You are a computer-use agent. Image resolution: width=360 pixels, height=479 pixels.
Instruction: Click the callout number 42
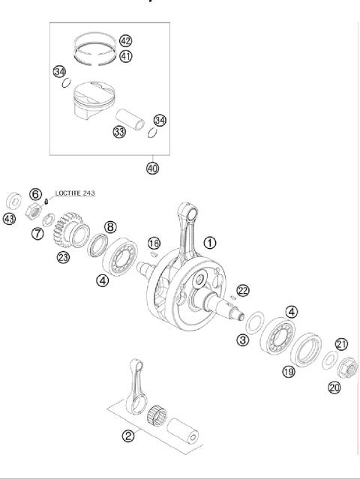125,40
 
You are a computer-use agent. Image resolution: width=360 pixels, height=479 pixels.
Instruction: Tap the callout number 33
118,133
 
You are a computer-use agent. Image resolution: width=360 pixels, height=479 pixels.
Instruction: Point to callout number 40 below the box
153,168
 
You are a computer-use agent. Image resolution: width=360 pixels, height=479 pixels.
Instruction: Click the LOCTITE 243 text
76,193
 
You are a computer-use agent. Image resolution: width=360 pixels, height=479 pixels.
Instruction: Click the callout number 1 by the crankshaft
210,242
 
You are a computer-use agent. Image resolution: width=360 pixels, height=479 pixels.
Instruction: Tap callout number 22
242,290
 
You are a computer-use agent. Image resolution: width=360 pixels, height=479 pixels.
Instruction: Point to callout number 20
334,387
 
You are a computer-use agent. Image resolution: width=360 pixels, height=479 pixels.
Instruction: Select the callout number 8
110,226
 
